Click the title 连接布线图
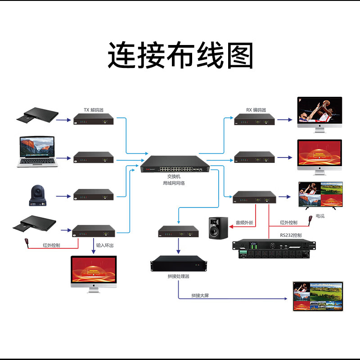coord(180,55)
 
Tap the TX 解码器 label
coord(93,110)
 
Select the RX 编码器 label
coord(256,110)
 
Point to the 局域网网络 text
coord(174,184)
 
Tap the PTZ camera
coord(37,196)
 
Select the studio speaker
coord(218,228)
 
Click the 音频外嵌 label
coord(244,222)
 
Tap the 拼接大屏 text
coord(200,295)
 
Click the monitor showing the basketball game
coord(319,112)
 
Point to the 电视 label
coord(320,216)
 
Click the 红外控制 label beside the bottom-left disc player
coord(52,246)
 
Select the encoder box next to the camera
coord(94,195)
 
